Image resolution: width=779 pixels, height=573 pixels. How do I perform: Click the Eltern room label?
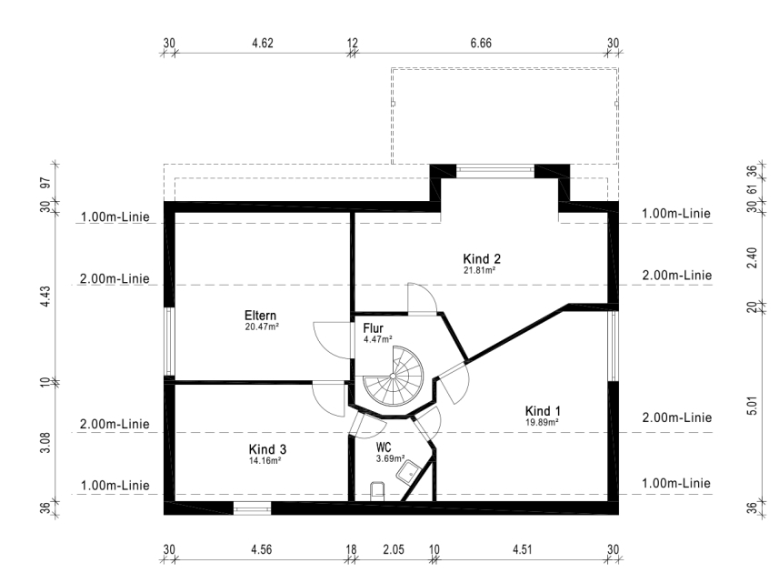click(260, 316)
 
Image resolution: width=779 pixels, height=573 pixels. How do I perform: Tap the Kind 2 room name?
click(482, 259)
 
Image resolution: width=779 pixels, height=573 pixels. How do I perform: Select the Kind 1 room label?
click(543, 411)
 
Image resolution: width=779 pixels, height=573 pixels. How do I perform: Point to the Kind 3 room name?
click(267, 449)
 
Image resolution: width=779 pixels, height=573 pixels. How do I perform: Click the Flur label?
click(373, 328)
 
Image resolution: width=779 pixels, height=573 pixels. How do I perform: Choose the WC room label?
click(383, 447)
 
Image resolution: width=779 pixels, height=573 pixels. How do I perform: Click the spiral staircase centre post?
click(393, 377)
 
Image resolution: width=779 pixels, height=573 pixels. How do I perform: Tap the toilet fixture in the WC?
click(377, 489)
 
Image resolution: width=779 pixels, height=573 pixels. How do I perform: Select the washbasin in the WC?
click(409, 472)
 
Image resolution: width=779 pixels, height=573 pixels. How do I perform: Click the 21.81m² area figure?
click(479, 270)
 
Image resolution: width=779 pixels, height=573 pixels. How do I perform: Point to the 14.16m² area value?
click(265, 461)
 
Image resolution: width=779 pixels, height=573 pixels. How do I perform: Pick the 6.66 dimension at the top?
click(481, 44)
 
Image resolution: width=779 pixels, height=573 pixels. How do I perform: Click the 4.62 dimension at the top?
click(263, 44)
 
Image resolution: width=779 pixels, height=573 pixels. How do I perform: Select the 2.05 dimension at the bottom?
click(394, 549)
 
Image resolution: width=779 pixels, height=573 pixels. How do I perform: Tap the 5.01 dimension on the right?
click(753, 406)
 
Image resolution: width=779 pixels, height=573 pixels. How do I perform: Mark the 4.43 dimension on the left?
click(45, 297)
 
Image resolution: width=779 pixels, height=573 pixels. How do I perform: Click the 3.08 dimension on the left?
click(45, 442)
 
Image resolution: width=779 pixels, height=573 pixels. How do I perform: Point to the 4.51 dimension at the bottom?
click(522, 549)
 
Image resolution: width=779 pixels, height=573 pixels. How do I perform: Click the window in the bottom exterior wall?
click(253, 508)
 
